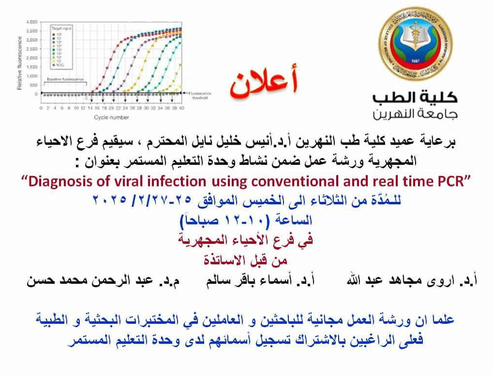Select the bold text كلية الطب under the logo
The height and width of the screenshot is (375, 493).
coord(415,97)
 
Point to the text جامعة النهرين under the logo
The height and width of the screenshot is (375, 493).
coord(415,114)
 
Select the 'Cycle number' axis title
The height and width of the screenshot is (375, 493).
coord(112,117)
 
